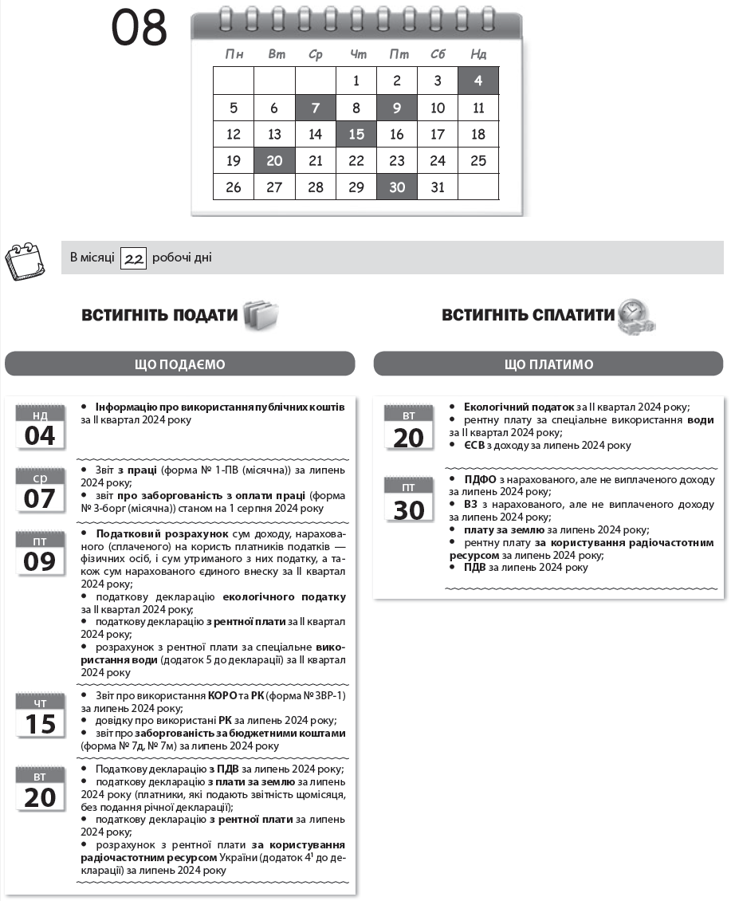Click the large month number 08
(x=140, y=30)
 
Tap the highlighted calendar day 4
(x=478, y=81)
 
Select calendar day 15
(x=356, y=134)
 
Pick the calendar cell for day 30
(x=397, y=187)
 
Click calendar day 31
(x=438, y=187)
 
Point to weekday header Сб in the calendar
(x=438, y=54)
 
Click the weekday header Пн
(x=234, y=54)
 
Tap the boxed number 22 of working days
(x=133, y=258)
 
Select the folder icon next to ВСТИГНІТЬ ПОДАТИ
(x=261, y=314)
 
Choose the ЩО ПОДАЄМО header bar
(x=179, y=364)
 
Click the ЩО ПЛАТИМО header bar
(x=548, y=364)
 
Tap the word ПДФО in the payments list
(x=480, y=479)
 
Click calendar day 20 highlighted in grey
(x=274, y=160)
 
